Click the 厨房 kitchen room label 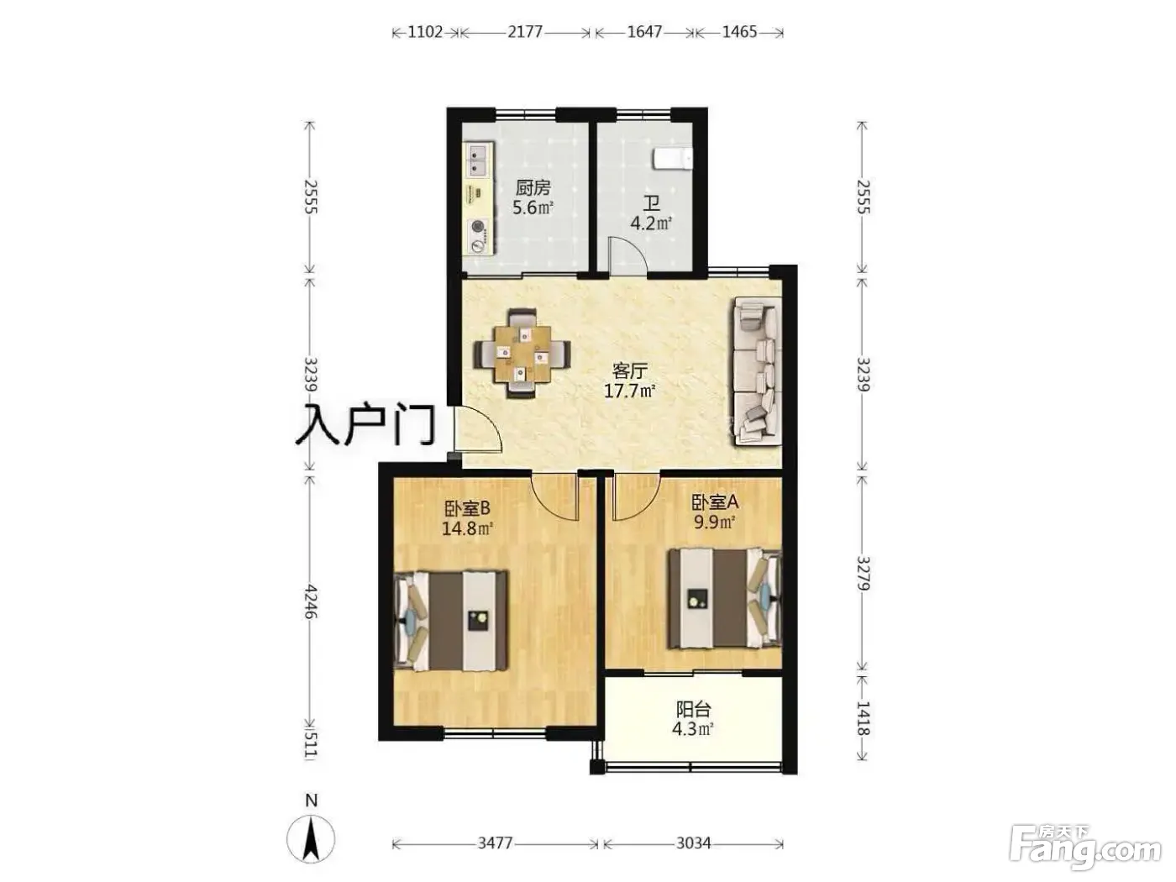533,188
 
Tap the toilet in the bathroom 672,159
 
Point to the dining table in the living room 522,354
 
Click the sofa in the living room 754,371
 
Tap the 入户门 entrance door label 365,426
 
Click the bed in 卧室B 450,620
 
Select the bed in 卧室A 724,598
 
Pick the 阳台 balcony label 693,709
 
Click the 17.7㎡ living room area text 629,391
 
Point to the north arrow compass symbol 311,838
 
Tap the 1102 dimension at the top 425,32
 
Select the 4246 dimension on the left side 311,602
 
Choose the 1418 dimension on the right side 862,717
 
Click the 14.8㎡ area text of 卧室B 467,528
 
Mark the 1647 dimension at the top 644,32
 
